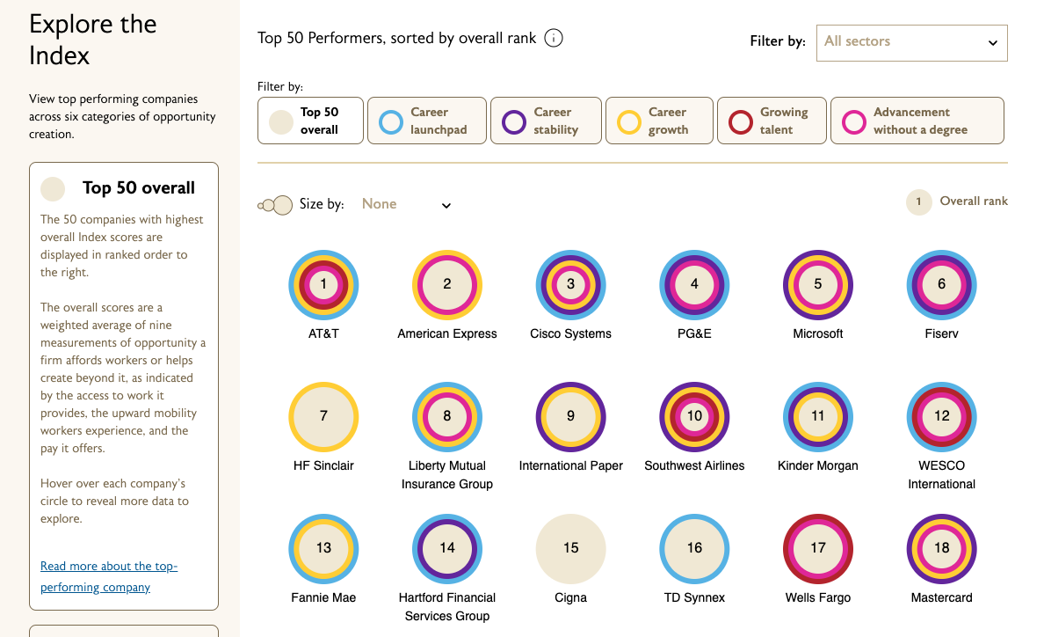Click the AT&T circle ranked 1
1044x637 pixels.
point(323,284)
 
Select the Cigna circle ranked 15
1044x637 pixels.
point(570,549)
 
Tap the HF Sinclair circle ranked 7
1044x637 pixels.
point(323,416)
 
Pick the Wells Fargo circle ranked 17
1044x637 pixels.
point(818,549)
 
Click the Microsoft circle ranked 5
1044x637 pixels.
point(818,284)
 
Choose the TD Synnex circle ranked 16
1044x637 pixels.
point(694,549)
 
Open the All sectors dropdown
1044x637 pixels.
point(911,42)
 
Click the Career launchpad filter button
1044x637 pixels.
point(426,121)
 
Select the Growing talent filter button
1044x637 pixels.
point(772,121)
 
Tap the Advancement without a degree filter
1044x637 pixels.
point(917,121)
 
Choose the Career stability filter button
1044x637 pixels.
point(546,121)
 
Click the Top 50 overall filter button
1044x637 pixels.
point(310,121)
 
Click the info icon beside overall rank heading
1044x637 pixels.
point(554,39)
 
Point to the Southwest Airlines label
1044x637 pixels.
point(694,465)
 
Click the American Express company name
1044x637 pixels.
point(447,333)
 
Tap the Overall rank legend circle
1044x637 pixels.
point(918,201)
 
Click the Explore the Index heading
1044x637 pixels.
point(93,40)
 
